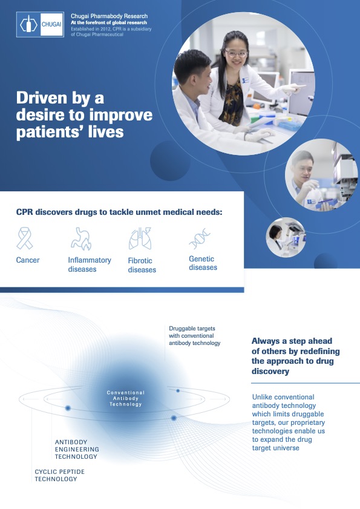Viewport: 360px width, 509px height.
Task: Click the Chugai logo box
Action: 40,24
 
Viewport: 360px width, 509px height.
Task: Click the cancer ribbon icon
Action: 25,238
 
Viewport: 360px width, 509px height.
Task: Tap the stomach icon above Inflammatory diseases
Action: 81,238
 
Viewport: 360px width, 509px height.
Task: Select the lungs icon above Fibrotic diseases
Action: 140,238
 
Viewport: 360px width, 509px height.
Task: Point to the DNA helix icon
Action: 200,238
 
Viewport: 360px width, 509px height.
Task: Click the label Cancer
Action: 28,260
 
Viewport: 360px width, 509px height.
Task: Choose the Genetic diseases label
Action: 203,263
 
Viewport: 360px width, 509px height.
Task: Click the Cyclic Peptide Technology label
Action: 60,475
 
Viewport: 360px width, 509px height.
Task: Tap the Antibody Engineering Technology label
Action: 77,449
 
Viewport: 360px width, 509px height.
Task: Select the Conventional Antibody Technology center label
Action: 126,398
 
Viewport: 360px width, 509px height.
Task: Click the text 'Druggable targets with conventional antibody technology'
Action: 195,336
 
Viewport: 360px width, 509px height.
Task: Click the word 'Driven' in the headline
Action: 42,97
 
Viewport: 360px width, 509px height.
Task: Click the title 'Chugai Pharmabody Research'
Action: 110,16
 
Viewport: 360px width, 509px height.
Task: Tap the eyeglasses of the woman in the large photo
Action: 236,53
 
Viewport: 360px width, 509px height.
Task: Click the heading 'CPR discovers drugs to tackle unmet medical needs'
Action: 119,212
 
